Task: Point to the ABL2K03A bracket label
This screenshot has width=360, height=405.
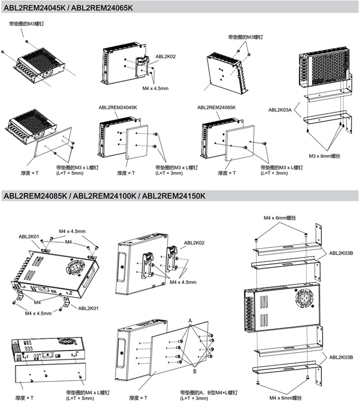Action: (x=279, y=109)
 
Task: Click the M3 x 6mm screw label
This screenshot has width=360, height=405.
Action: (x=325, y=156)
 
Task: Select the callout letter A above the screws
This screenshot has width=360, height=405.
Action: (x=190, y=320)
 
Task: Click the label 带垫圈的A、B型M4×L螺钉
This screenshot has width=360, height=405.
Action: (x=208, y=392)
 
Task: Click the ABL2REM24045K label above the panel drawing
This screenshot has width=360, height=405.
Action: (x=118, y=108)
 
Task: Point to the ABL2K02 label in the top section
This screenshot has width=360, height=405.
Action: (x=166, y=57)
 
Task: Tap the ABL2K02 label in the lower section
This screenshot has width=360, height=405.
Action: (x=194, y=243)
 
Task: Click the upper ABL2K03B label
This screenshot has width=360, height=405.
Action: (x=341, y=253)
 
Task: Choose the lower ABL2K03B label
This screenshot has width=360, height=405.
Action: (x=341, y=358)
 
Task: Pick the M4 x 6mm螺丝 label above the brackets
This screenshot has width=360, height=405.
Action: (x=280, y=218)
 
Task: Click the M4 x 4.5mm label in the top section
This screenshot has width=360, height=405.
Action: (x=155, y=88)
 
